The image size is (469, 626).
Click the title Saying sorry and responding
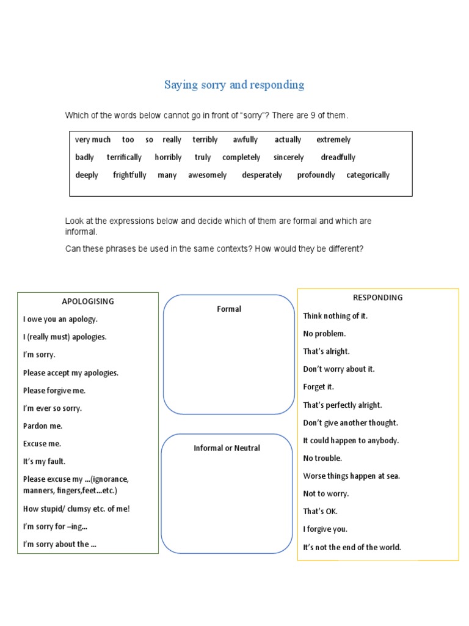[x=234, y=85]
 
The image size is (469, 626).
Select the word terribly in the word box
[x=205, y=139]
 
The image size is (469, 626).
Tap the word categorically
[x=368, y=175]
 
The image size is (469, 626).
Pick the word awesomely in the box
[x=207, y=175]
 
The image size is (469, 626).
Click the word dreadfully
[x=338, y=157]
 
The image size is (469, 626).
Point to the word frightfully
[x=129, y=175]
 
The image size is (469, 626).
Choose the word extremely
[x=333, y=139]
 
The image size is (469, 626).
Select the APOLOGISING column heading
[x=88, y=301]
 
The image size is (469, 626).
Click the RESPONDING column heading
[x=378, y=298]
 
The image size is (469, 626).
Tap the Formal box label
[x=229, y=309]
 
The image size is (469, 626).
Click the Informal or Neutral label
[x=227, y=448]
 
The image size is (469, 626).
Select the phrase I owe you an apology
[x=60, y=319]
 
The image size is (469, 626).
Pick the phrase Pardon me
[x=43, y=425]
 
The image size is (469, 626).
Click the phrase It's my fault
[x=44, y=462]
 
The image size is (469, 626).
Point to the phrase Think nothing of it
[x=335, y=316]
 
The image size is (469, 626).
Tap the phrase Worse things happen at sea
[x=352, y=476]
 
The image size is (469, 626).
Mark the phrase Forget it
[x=318, y=387]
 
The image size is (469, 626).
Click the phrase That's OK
[x=320, y=511]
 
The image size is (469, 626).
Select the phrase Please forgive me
[x=54, y=390]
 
